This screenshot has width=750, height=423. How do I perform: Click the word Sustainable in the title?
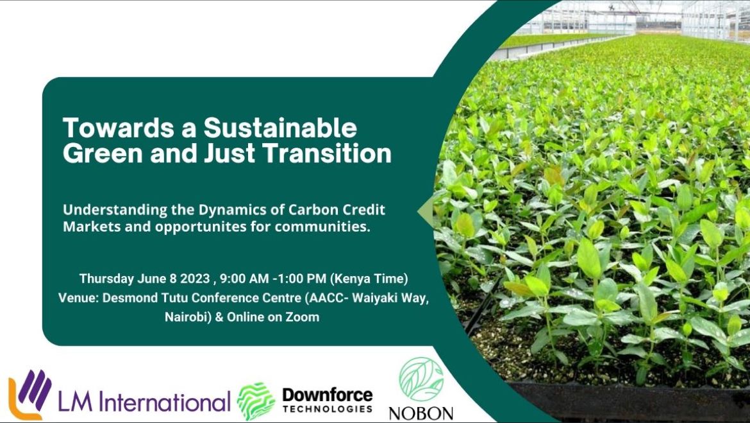(280, 128)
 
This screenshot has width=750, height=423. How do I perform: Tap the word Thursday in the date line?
(106, 279)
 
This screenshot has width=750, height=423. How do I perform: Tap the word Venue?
(76, 298)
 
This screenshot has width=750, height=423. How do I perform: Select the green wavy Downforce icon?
(256, 401)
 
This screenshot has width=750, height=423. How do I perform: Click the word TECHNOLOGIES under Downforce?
(327, 409)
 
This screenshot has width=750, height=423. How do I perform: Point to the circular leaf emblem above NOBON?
(421, 379)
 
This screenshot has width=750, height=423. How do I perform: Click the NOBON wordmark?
(421, 413)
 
